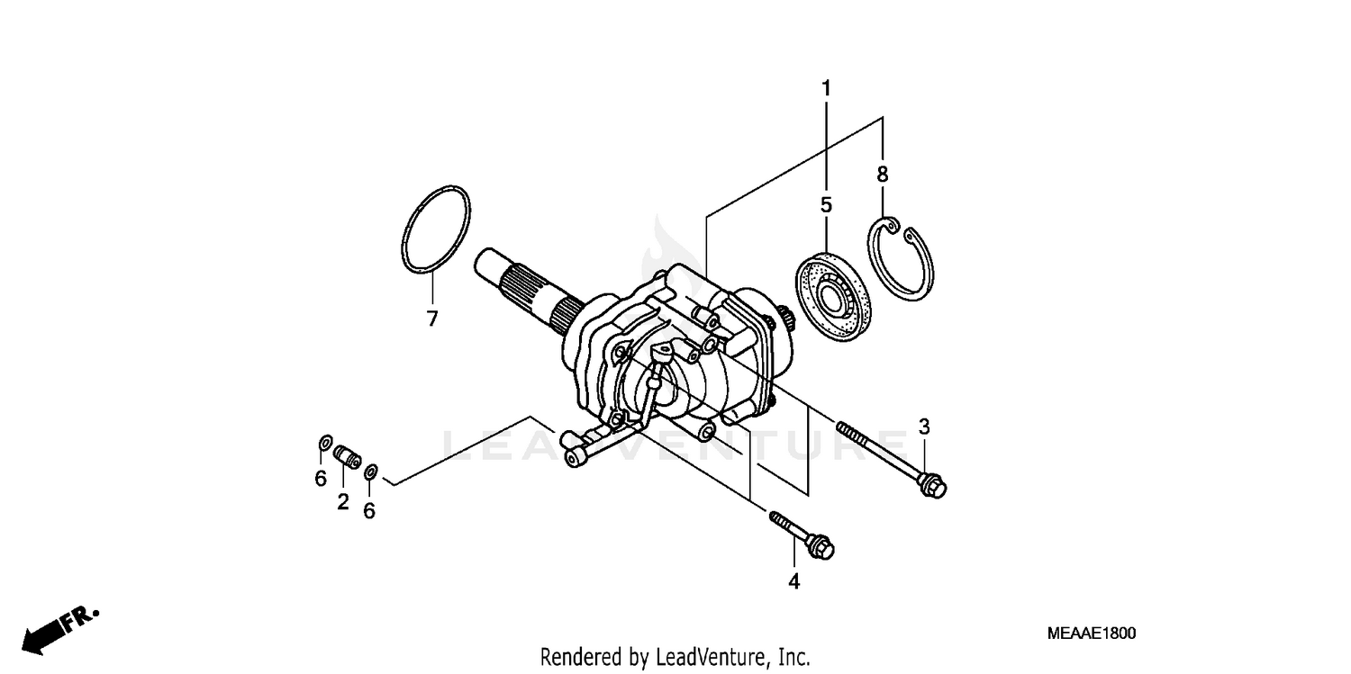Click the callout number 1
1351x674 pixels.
[826, 89]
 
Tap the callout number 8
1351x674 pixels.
[883, 175]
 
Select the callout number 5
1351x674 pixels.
[826, 205]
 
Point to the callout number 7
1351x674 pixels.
[432, 319]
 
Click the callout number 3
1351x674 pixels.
[924, 426]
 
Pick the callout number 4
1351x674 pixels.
[793, 581]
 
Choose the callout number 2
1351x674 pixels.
[343, 502]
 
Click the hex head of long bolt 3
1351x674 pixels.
[932, 487]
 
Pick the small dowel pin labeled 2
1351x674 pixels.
[348, 456]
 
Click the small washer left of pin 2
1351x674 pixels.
[324, 444]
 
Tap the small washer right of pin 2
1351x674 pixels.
[370, 471]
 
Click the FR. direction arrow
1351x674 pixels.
[58, 630]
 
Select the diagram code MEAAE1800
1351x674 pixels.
[1091, 634]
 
